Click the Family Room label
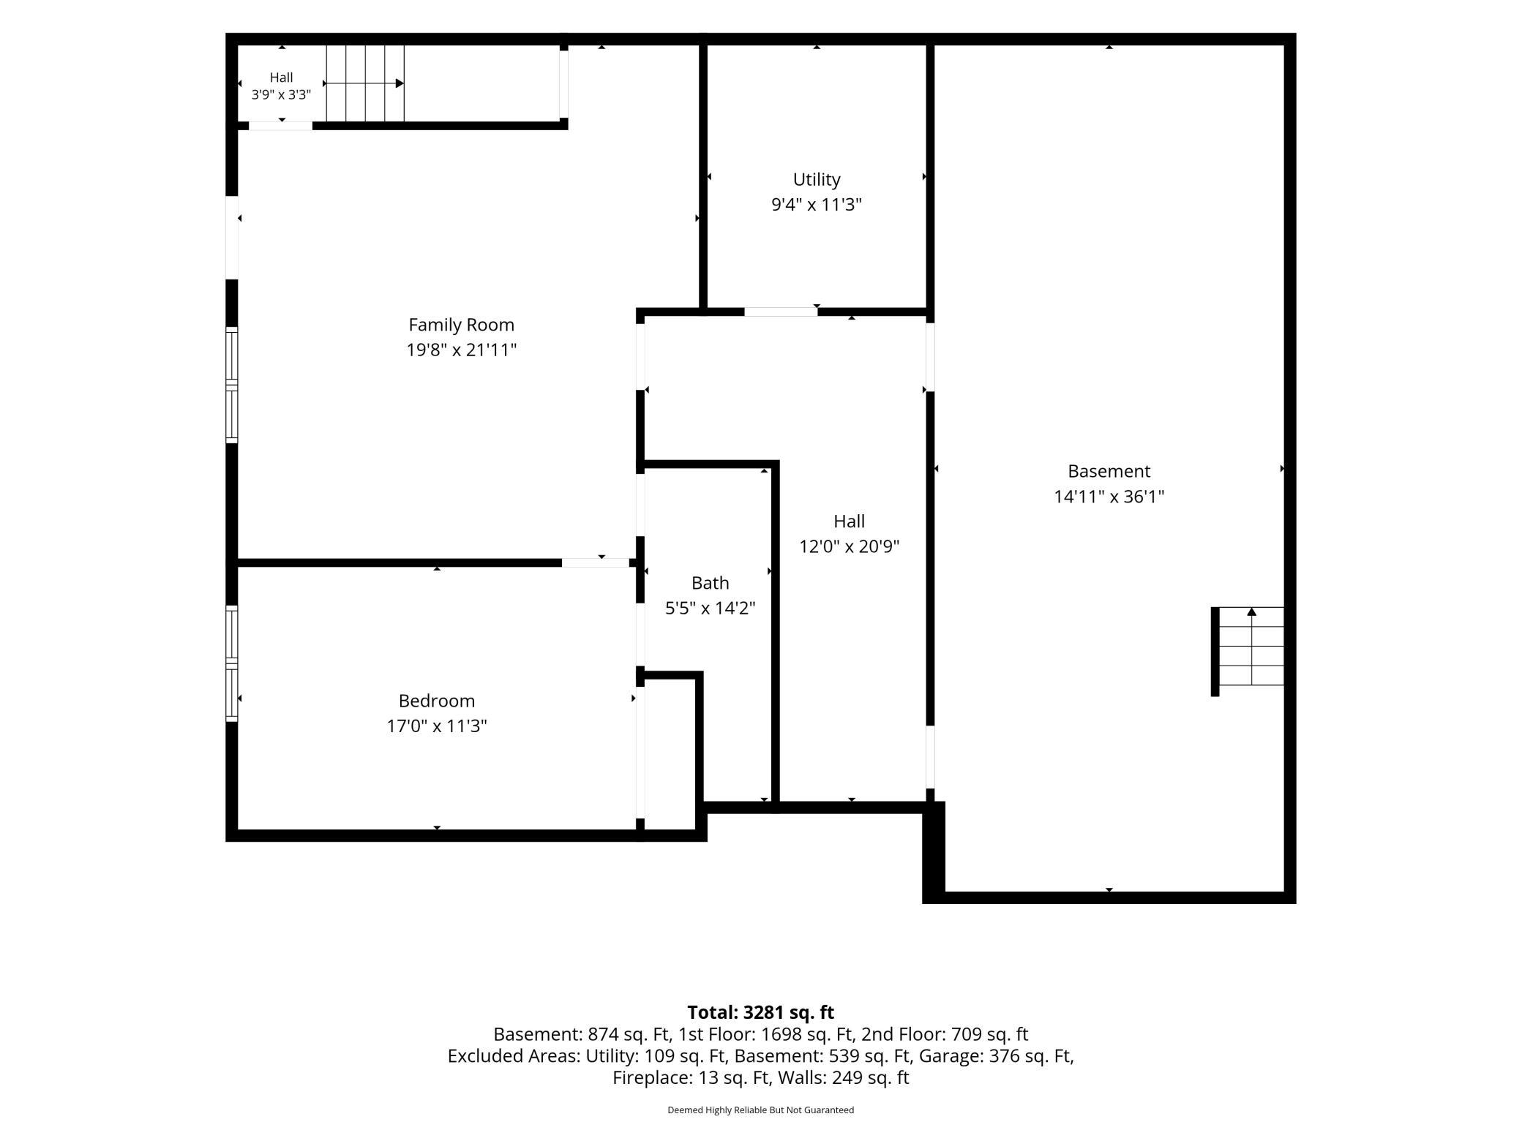click(x=461, y=325)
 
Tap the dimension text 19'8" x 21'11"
click(x=461, y=350)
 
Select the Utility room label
click(x=817, y=179)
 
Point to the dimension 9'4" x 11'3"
click(x=817, y=204)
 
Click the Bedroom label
click(x=437, y=701)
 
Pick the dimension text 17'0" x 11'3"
click(x=437, y=726)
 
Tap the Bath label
click(x=710, y=583)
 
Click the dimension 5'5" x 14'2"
click(x=710, y=608)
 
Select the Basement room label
click(x=1109, y=471)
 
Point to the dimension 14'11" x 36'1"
click(x=1109, y=497)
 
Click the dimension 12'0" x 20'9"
click(x=849, y=546)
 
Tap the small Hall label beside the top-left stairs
click(x=281, y=78)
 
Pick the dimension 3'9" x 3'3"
click(x=281, y=94)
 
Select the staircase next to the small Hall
click(x=365, y=83)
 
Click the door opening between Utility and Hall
click(x=781, y=312)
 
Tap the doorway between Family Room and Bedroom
click(x=596, y=562)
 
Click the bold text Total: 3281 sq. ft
click(x=760, y=1012)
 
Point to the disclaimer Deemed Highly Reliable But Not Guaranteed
click(x=760, y=1110)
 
